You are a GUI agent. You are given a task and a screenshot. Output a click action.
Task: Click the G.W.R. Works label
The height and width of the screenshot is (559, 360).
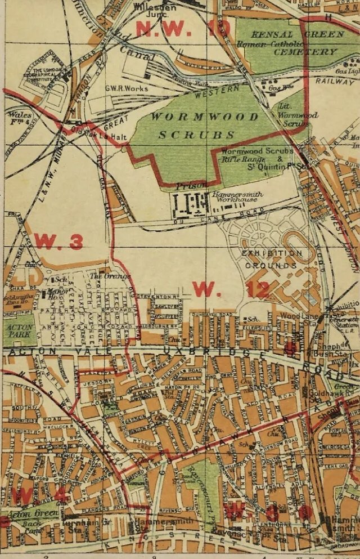pos(127,88)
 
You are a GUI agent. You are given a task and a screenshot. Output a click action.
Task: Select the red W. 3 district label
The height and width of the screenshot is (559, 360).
pos(58,240)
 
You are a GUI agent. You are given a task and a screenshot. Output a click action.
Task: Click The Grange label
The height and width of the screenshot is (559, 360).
pos(118,276)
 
